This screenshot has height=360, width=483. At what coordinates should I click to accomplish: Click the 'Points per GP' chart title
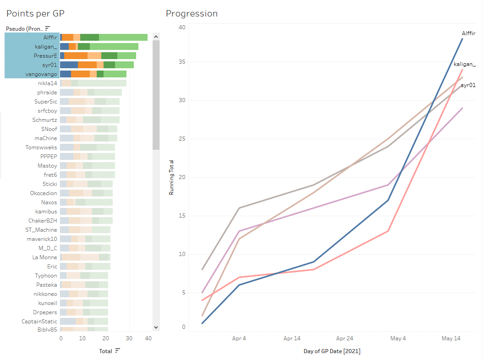point(35,13)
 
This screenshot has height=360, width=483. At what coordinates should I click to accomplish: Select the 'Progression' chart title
point(192,13)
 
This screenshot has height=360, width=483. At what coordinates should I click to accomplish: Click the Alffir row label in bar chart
point(50,37)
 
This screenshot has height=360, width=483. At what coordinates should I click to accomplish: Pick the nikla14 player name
point(48,83)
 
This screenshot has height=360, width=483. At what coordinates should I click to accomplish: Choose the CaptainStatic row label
point(39,321)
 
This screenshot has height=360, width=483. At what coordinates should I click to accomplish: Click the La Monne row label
point(45,257)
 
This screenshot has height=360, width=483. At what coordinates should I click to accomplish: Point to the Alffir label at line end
point(468,33)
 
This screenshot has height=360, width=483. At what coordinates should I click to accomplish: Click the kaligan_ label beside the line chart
point(465,64)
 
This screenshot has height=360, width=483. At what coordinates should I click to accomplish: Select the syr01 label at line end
point(468,85)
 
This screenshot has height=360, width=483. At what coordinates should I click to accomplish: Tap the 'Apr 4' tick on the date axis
point(239,338)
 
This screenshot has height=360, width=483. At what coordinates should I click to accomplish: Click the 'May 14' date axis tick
point(451,338)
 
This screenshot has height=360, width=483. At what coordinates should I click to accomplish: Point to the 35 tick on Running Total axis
point(182,62)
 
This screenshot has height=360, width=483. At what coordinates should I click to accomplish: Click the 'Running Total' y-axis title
point(171,177)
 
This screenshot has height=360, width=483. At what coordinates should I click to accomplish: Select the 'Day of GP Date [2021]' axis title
point(332,351)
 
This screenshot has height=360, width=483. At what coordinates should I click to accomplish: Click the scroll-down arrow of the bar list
point(156,327)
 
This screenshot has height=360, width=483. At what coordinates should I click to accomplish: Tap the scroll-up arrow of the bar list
point(156,37)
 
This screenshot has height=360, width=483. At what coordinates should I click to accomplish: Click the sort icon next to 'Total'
point(118,351)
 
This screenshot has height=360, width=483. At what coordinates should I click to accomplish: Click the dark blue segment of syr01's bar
point(69,65)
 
